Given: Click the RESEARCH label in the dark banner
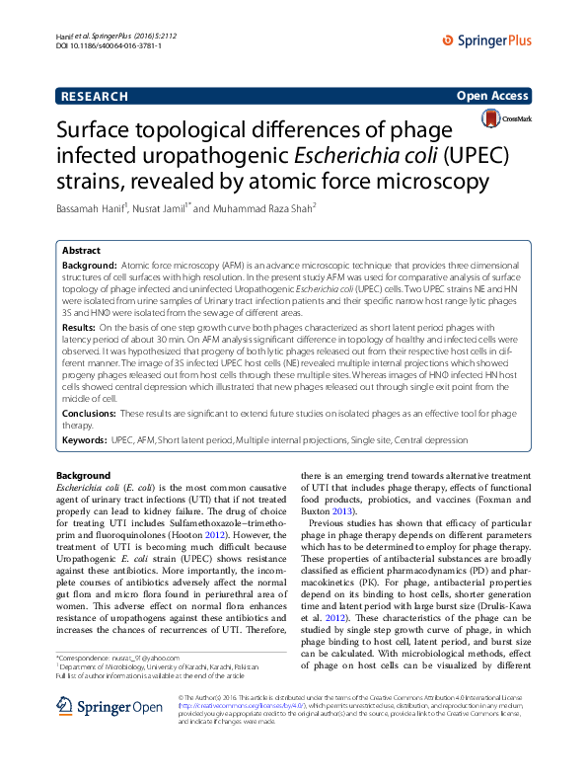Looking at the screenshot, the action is (x=94, y=96).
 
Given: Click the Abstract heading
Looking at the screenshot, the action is (x=82, y=252).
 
